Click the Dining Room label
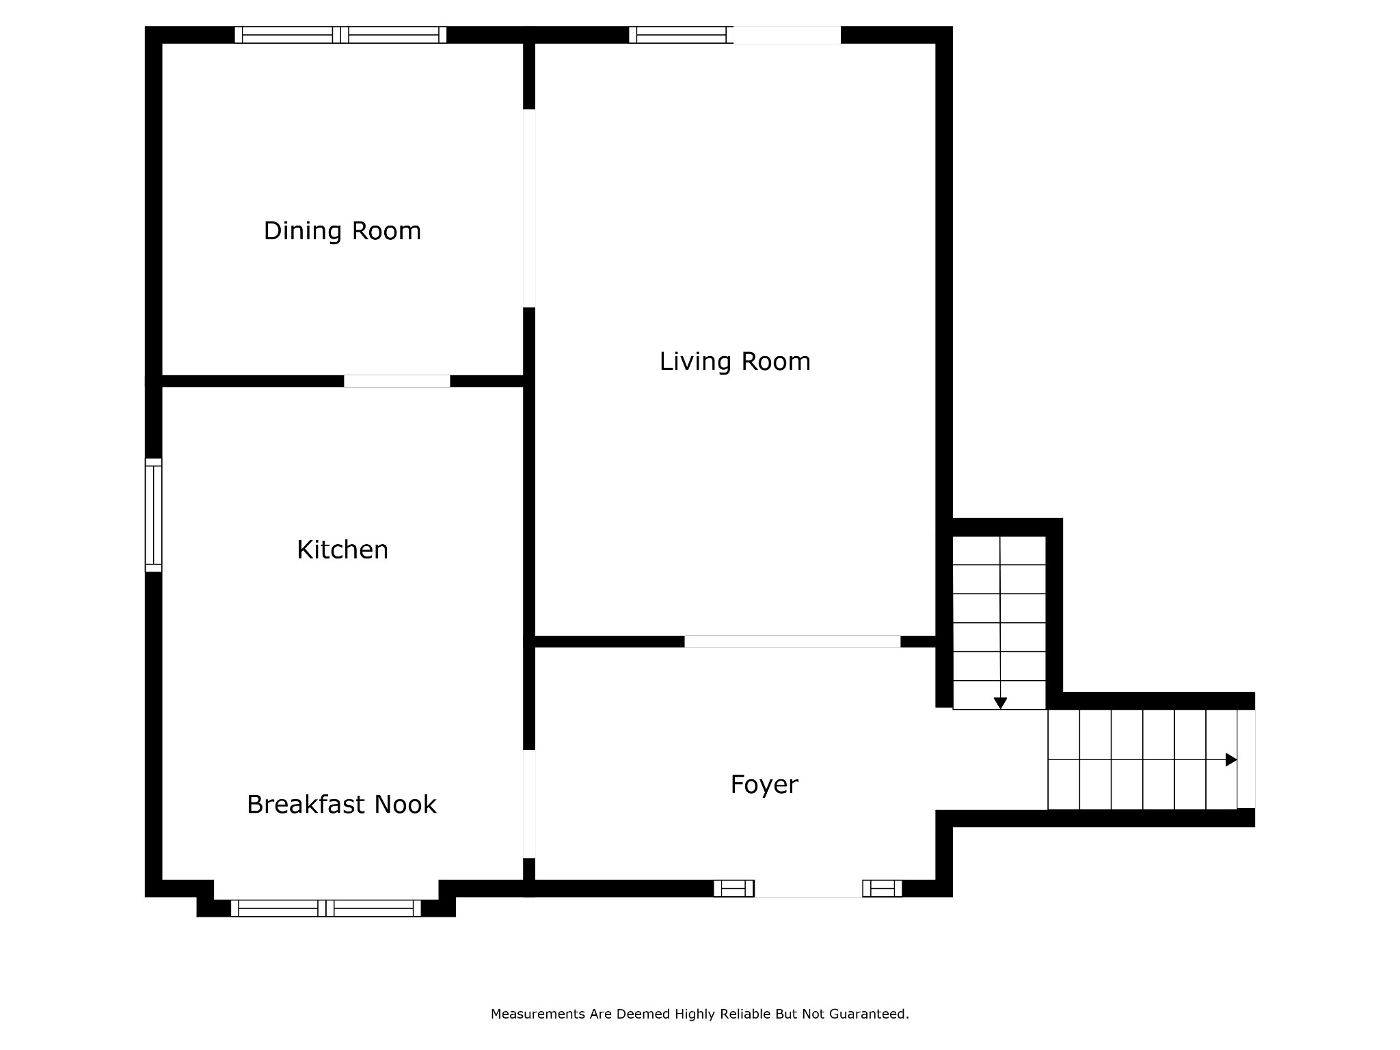pyautogui.click(x=342, y=231)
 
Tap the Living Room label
pyautogui.click(x=735, y=362)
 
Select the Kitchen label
pyautogui.click(x=342, y=550)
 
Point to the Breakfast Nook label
pyautogui.click(x=341, y=805)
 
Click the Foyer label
pyautogui.click(x=764, y=785)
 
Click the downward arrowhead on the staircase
pyautogui.click(x=1000, y=703)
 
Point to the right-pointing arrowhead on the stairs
pyautogui.click(x=1231, y=759)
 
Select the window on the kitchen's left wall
pyautogui.click(x=153, y=515)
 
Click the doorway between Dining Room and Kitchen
pyautogui.click(x=396, y=381)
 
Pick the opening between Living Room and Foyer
pyautogui.click(x=792, y=641)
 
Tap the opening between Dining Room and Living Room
pyautogui.click(x=529, y=208)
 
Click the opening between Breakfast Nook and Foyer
pyautogui.click(x=529, y=804)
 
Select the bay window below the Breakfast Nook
pyautogui.click(x=325, y=908)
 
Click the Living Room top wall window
pyautogui.click(x=681, y=35)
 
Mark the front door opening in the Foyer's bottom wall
pyautogui.click(x=808, y=889)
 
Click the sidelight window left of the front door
pyautogui.click(x=733, y=889)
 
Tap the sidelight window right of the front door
pyautogui.click(x=882, y=889)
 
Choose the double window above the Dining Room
pyautogui.click(x=340, y=35)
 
